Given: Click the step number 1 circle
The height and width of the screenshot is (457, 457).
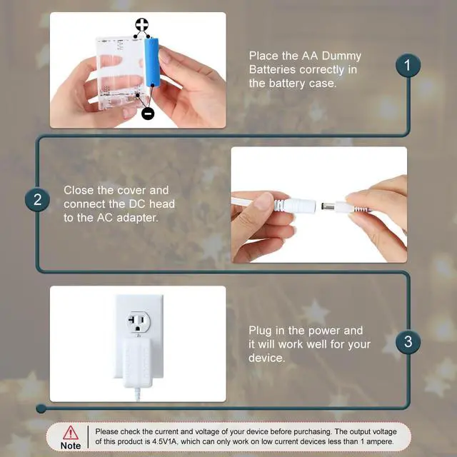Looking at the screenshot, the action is coord(408,65).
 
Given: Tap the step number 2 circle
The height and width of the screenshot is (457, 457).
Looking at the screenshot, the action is coord(37,200).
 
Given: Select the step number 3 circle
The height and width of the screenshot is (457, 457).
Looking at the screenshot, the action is coord(408,341).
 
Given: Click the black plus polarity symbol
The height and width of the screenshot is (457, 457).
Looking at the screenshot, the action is coord(141,25).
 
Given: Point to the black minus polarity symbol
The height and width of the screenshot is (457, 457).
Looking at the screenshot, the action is coord(148,113).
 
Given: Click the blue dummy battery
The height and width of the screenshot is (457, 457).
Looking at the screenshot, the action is coord(152,62).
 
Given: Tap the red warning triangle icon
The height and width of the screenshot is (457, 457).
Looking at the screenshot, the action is coord(70,433).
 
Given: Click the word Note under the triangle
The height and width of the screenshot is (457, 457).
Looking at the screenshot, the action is coord(71,446).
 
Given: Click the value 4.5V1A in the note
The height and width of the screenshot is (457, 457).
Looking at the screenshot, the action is coord(165,441).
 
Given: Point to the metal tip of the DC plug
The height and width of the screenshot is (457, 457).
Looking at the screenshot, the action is coord(328,206).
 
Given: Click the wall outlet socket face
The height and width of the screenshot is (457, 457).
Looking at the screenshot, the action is coord(139,322).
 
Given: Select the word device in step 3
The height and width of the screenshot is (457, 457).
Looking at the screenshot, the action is coord(266,358).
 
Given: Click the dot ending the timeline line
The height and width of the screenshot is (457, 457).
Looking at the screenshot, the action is coord(41,408).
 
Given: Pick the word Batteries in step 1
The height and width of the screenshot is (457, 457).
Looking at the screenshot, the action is coord(272,70).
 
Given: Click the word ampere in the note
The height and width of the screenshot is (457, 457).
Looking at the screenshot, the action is coord(379,442).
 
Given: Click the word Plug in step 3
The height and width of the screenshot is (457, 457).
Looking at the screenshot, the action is coord(260,331).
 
